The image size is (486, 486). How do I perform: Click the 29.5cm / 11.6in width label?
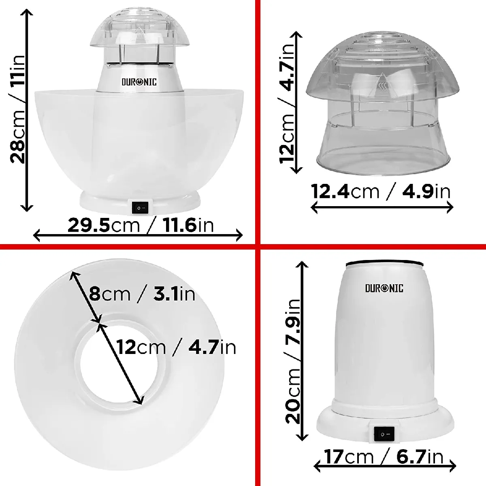pos(141,225)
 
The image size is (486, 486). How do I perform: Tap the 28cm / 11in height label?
pos(18,109)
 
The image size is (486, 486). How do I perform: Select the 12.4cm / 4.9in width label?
pos(380,192)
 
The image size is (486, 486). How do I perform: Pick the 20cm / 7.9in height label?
pos(293,361)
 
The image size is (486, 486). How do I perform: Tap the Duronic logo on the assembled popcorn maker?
pos(139,82)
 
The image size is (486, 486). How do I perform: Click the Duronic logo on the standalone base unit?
pos(384,288)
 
